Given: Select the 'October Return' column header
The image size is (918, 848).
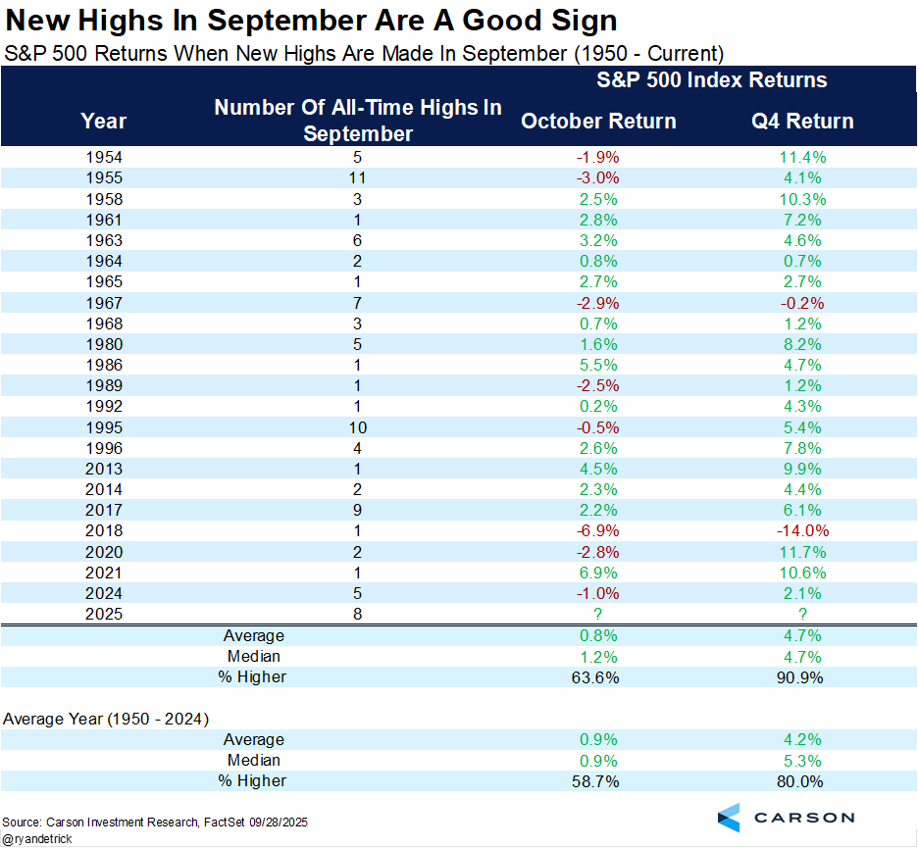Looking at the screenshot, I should (x=598, y=121).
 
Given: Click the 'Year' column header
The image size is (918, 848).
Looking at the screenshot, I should (x=103, y=121).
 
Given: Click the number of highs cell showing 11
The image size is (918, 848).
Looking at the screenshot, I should (x=357, y=177).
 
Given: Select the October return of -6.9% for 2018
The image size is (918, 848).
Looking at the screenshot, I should (x=597, y=530).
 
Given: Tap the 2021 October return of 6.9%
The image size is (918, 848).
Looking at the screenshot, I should (x=597, y=573).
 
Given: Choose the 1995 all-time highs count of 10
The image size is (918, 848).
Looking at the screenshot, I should (x=357, y=426).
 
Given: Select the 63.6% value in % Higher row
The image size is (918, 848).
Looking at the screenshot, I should (x=597, y=677).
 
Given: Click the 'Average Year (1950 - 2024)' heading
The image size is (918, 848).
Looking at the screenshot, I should (x=106, y=719).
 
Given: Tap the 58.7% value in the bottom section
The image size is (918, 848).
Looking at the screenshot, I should (x=597, y=781).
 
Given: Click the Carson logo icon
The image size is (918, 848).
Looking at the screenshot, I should (x=731, y=817).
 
